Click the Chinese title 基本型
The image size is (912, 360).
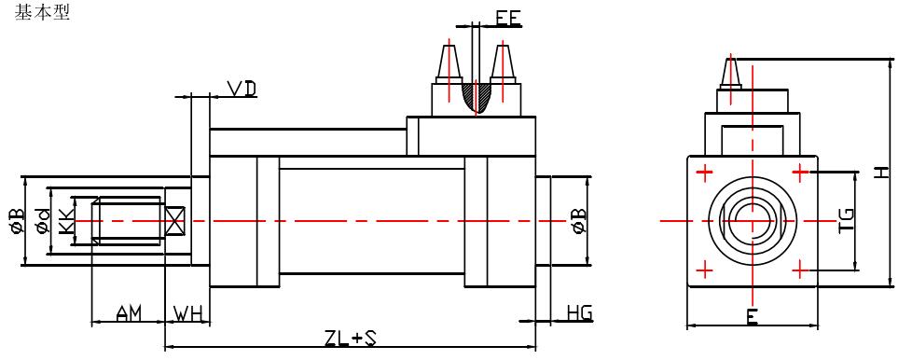pyautogui.click(x=42, y=12)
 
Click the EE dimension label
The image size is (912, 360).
pyautogui.click(x=509, y=19)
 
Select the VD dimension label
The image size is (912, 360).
pyautogui.click(x=242, y=89)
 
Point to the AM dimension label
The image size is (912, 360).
pyautogui.click(x=129, y=314)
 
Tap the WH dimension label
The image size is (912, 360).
pyautogui.click(x=187, y=314)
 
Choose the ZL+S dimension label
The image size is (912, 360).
pyautogui.click(x=350, y=339)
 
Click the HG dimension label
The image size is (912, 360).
pyautogui.click(x=580, y=312)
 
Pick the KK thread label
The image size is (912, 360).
pyautogui.click(x=68, y=222)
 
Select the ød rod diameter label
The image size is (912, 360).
pyautogui.click(x=43, y=222)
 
